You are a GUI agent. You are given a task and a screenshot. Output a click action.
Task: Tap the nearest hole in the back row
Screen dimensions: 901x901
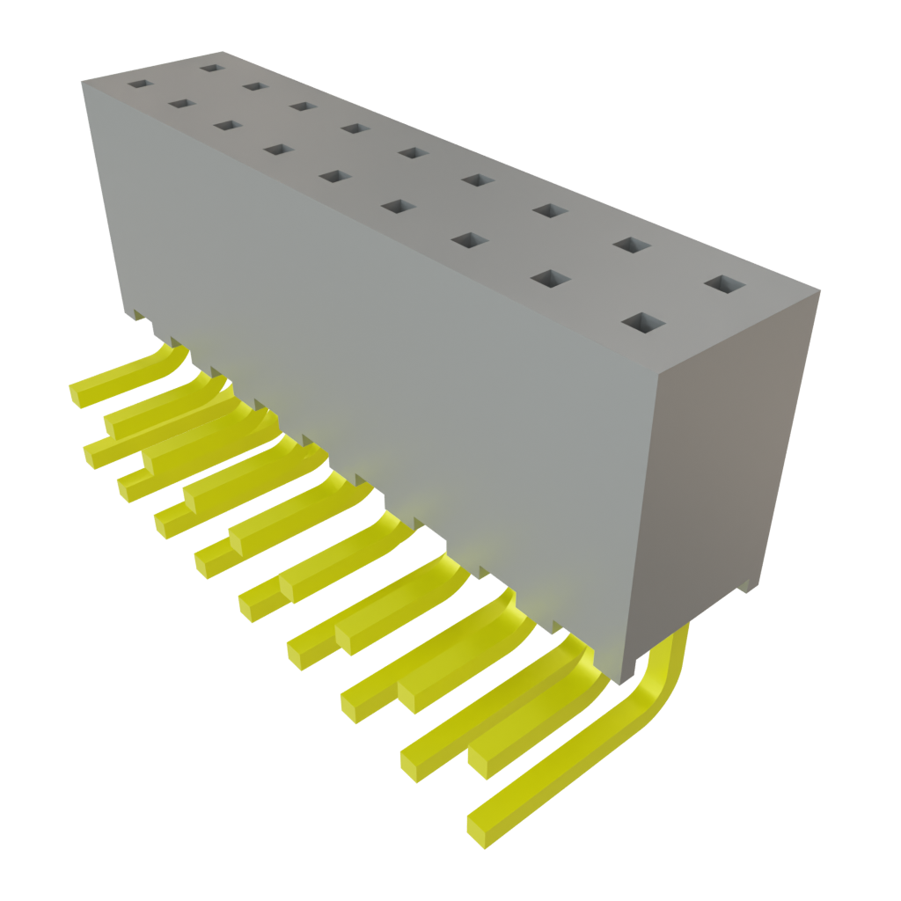[x=724, y=284]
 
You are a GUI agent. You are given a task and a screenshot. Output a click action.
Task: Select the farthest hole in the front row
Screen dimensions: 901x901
[x=138, y=85]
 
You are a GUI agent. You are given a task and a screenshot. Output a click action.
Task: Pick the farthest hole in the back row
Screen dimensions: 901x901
[x=210, y=66]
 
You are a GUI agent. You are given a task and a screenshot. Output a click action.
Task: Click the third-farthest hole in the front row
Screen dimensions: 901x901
[x=227, y=126]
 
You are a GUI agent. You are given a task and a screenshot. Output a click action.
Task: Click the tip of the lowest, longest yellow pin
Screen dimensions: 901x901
[x=480, y=832]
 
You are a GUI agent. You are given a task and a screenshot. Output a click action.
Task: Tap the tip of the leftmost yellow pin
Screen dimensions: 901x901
[x=79, y=394]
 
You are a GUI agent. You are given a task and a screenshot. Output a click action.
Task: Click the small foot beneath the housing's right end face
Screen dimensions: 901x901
[x=748, y=585]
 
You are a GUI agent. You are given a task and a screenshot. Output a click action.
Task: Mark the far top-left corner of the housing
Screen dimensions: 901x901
[x=83, y=81]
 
